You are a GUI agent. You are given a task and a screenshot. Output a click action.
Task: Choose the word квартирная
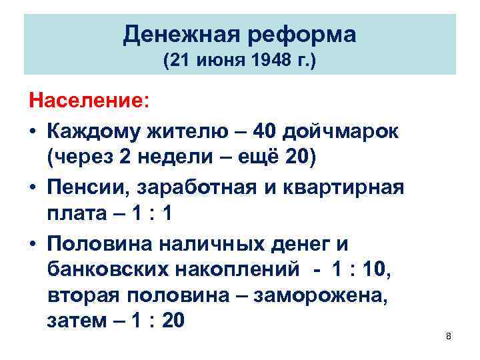point(345,188)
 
